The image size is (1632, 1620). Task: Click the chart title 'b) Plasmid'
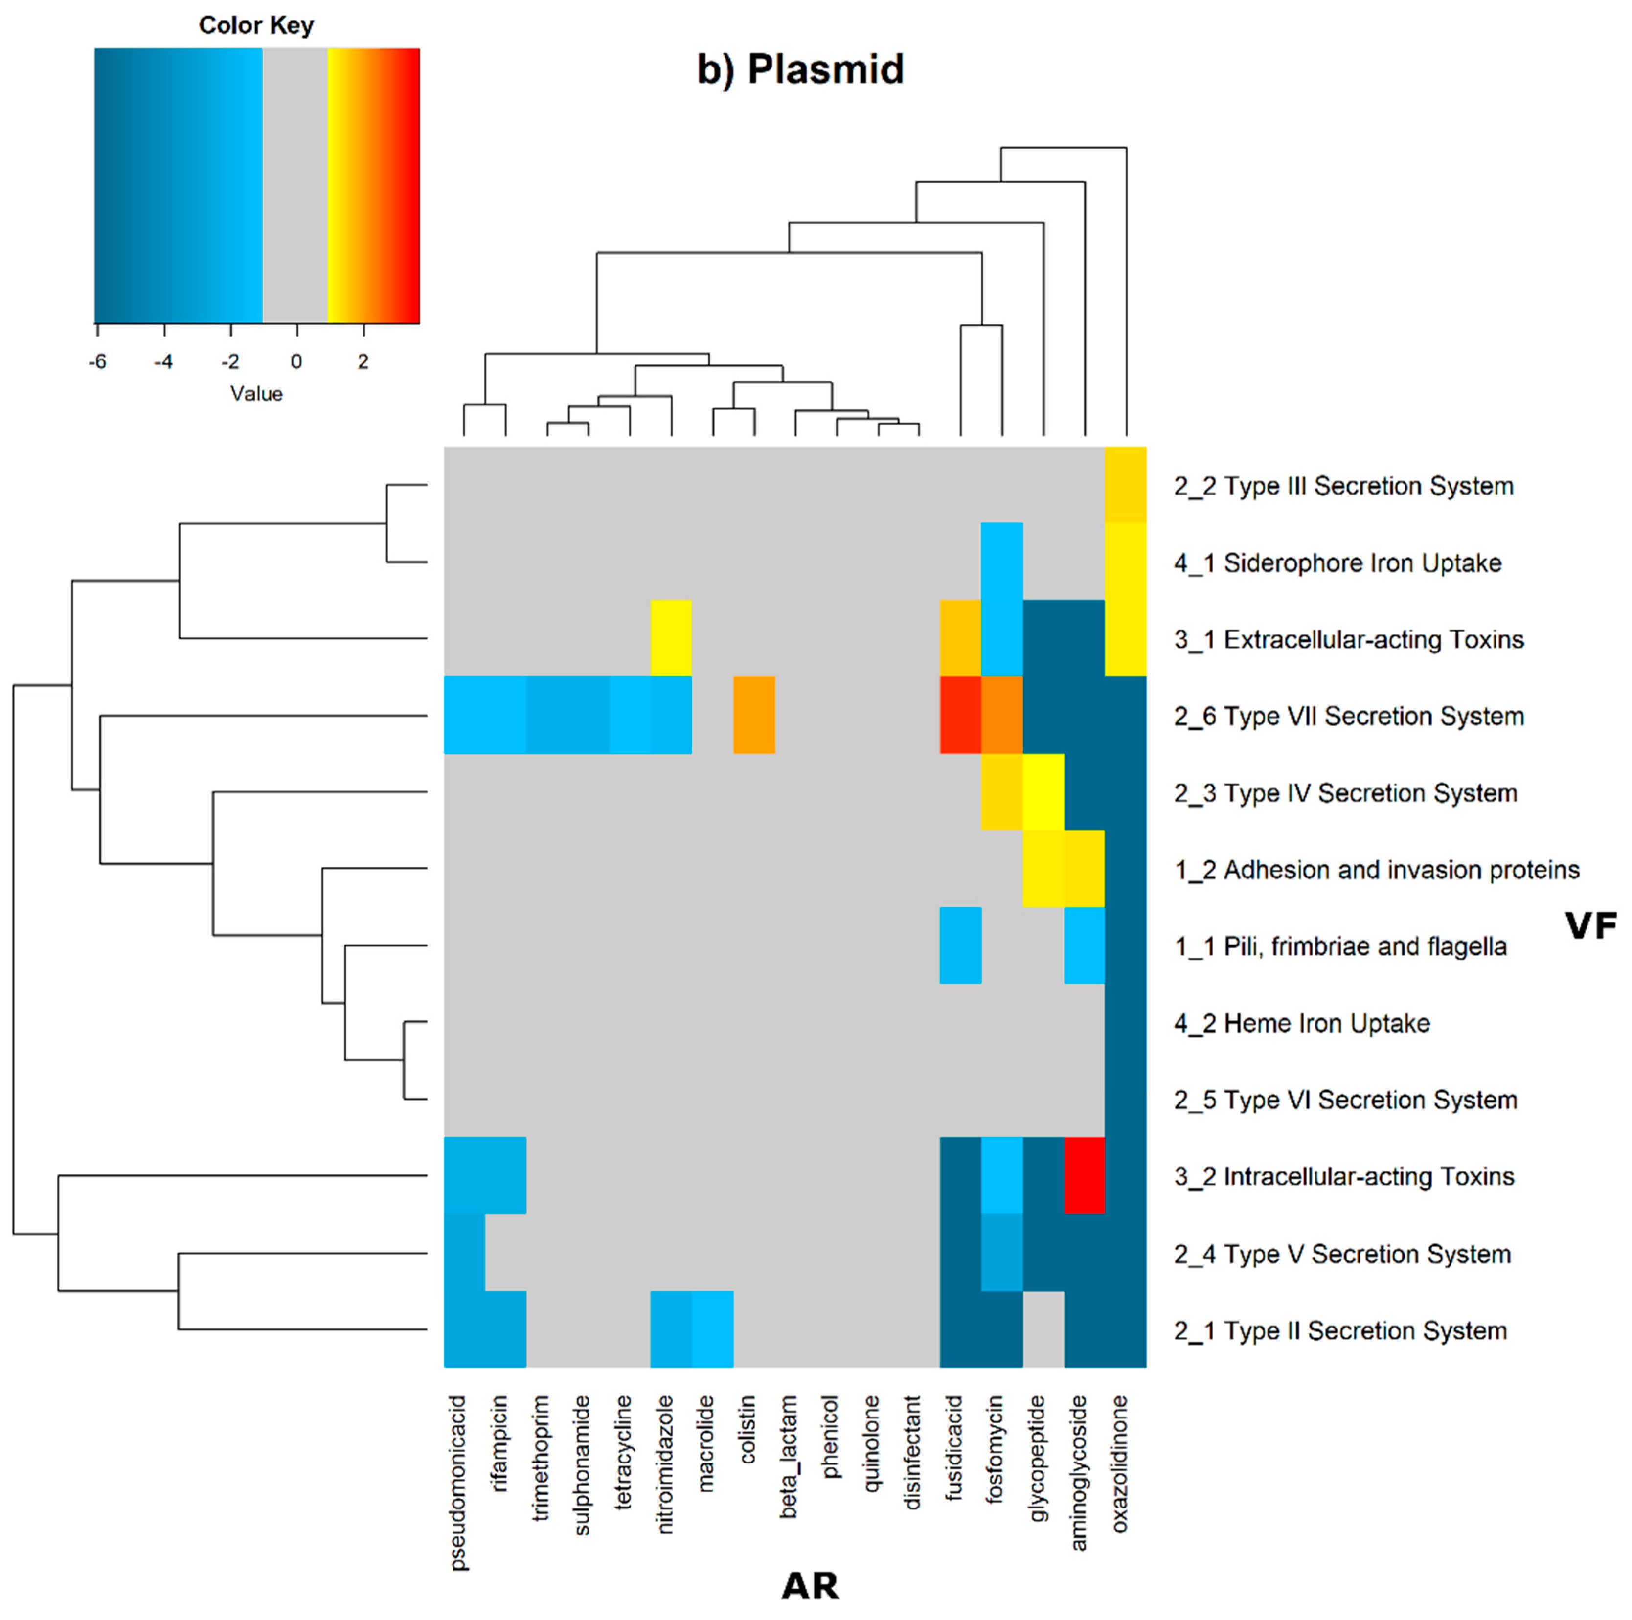[x=800, y=69]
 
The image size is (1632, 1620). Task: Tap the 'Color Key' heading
[x=256, y=25]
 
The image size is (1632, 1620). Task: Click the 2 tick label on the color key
[x=363, y=361]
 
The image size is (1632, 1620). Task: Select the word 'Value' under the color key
[x=256, y=394]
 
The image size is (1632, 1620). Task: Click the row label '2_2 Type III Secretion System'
[x=1343, y=487]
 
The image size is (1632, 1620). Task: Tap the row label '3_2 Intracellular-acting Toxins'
[x=1343, y=1176]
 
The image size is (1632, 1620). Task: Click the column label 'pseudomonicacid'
[x=458, y=1483]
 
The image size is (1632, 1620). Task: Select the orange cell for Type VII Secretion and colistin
[x=753, y=715]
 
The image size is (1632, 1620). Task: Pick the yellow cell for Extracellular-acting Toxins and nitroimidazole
[x=671, y=638]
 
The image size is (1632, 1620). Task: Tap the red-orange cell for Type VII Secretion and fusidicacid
[x=960, y=715]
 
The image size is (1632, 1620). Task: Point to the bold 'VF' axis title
[x=1590, y=926]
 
